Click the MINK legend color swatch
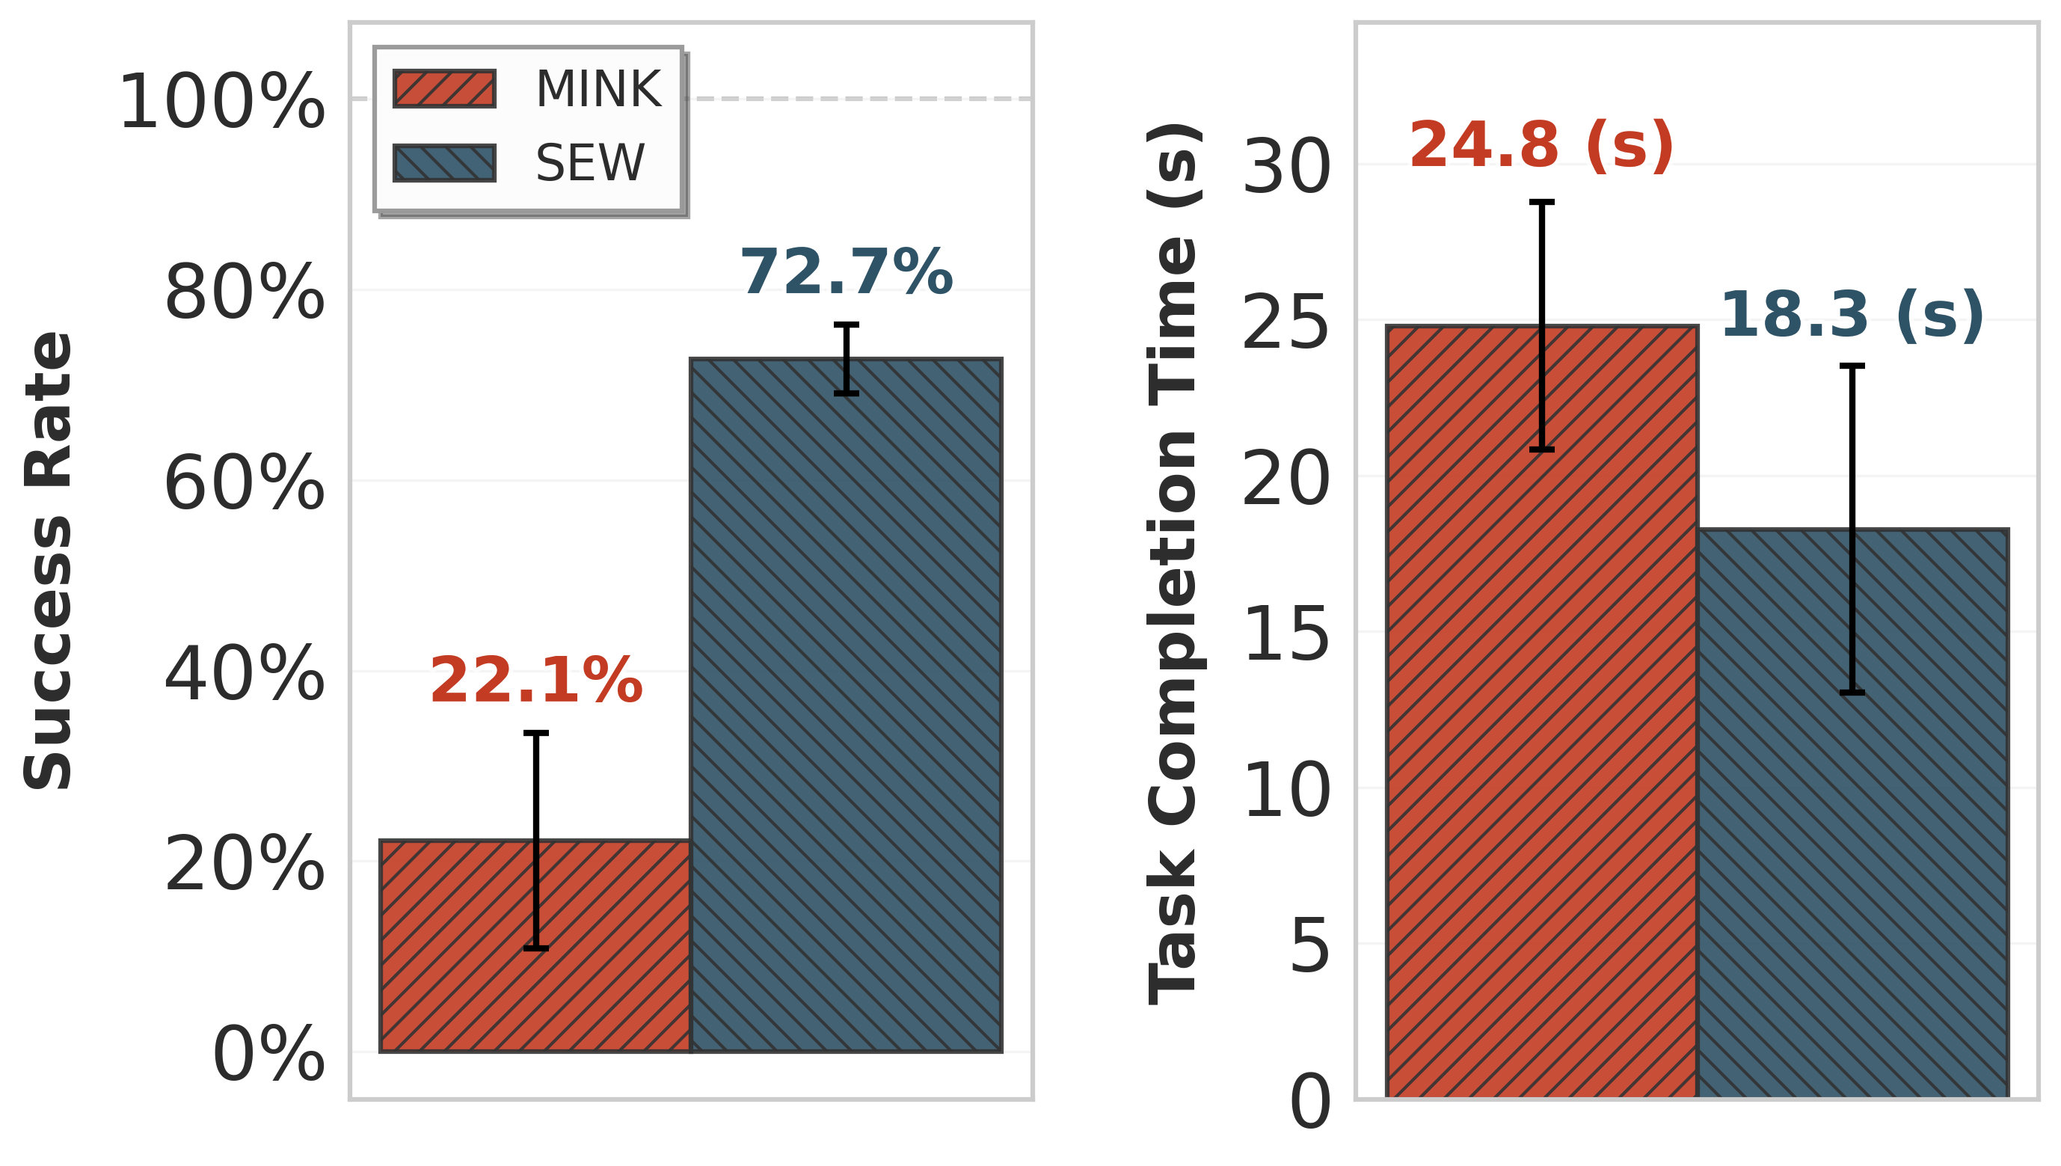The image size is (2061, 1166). pos(444,89)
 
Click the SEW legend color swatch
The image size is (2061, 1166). pos(444,163)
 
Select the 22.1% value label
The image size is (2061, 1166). pos(535,681)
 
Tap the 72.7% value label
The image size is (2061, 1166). pos(847,273)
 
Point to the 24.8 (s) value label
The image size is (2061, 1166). pos(1541,146)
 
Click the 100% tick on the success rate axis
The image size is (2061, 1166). pos(222,102)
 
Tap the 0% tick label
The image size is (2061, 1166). pos(268,1055)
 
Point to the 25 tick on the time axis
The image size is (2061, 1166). pos(1286,324)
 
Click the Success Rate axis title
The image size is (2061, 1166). pos(48,561)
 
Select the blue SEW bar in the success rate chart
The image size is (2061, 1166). pos(847,721)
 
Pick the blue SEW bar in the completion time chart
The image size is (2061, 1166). pos(1922,841)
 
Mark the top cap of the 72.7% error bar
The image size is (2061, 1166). pos(847,325)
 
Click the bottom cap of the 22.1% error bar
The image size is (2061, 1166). pos(535,948)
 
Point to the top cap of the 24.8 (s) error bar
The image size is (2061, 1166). pos(1541,203)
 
